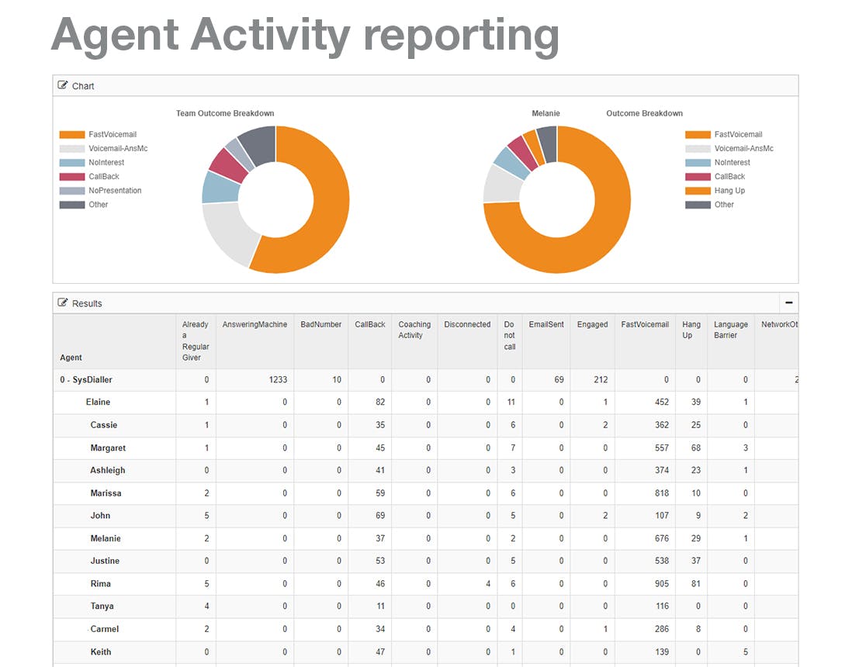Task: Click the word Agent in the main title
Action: (x=115, y=36)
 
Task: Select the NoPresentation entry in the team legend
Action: (x=101, y=191)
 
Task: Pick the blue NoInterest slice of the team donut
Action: (x=220, y=188)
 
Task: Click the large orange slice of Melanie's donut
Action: (x=592, y=239)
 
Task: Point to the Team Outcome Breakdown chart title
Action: (x=225, y=113)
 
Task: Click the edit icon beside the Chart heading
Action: (x=63, y=85)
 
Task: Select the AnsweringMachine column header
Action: (x=255, y=324)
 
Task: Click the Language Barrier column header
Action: (x=730, y=330)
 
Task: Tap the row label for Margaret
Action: (x=108, y=448)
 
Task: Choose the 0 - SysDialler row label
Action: (x=86, y=380)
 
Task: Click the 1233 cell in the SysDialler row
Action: (x=278, y=380)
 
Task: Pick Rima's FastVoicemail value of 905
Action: (x=662, y=584)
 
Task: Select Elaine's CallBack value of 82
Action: (x=379, y=402)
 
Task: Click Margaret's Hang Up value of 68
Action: (x=695, y=448)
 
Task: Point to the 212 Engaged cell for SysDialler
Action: (x=601, y=380)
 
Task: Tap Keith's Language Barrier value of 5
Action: (x=746, y=651)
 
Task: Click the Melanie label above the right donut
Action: (x=545, y=113)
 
